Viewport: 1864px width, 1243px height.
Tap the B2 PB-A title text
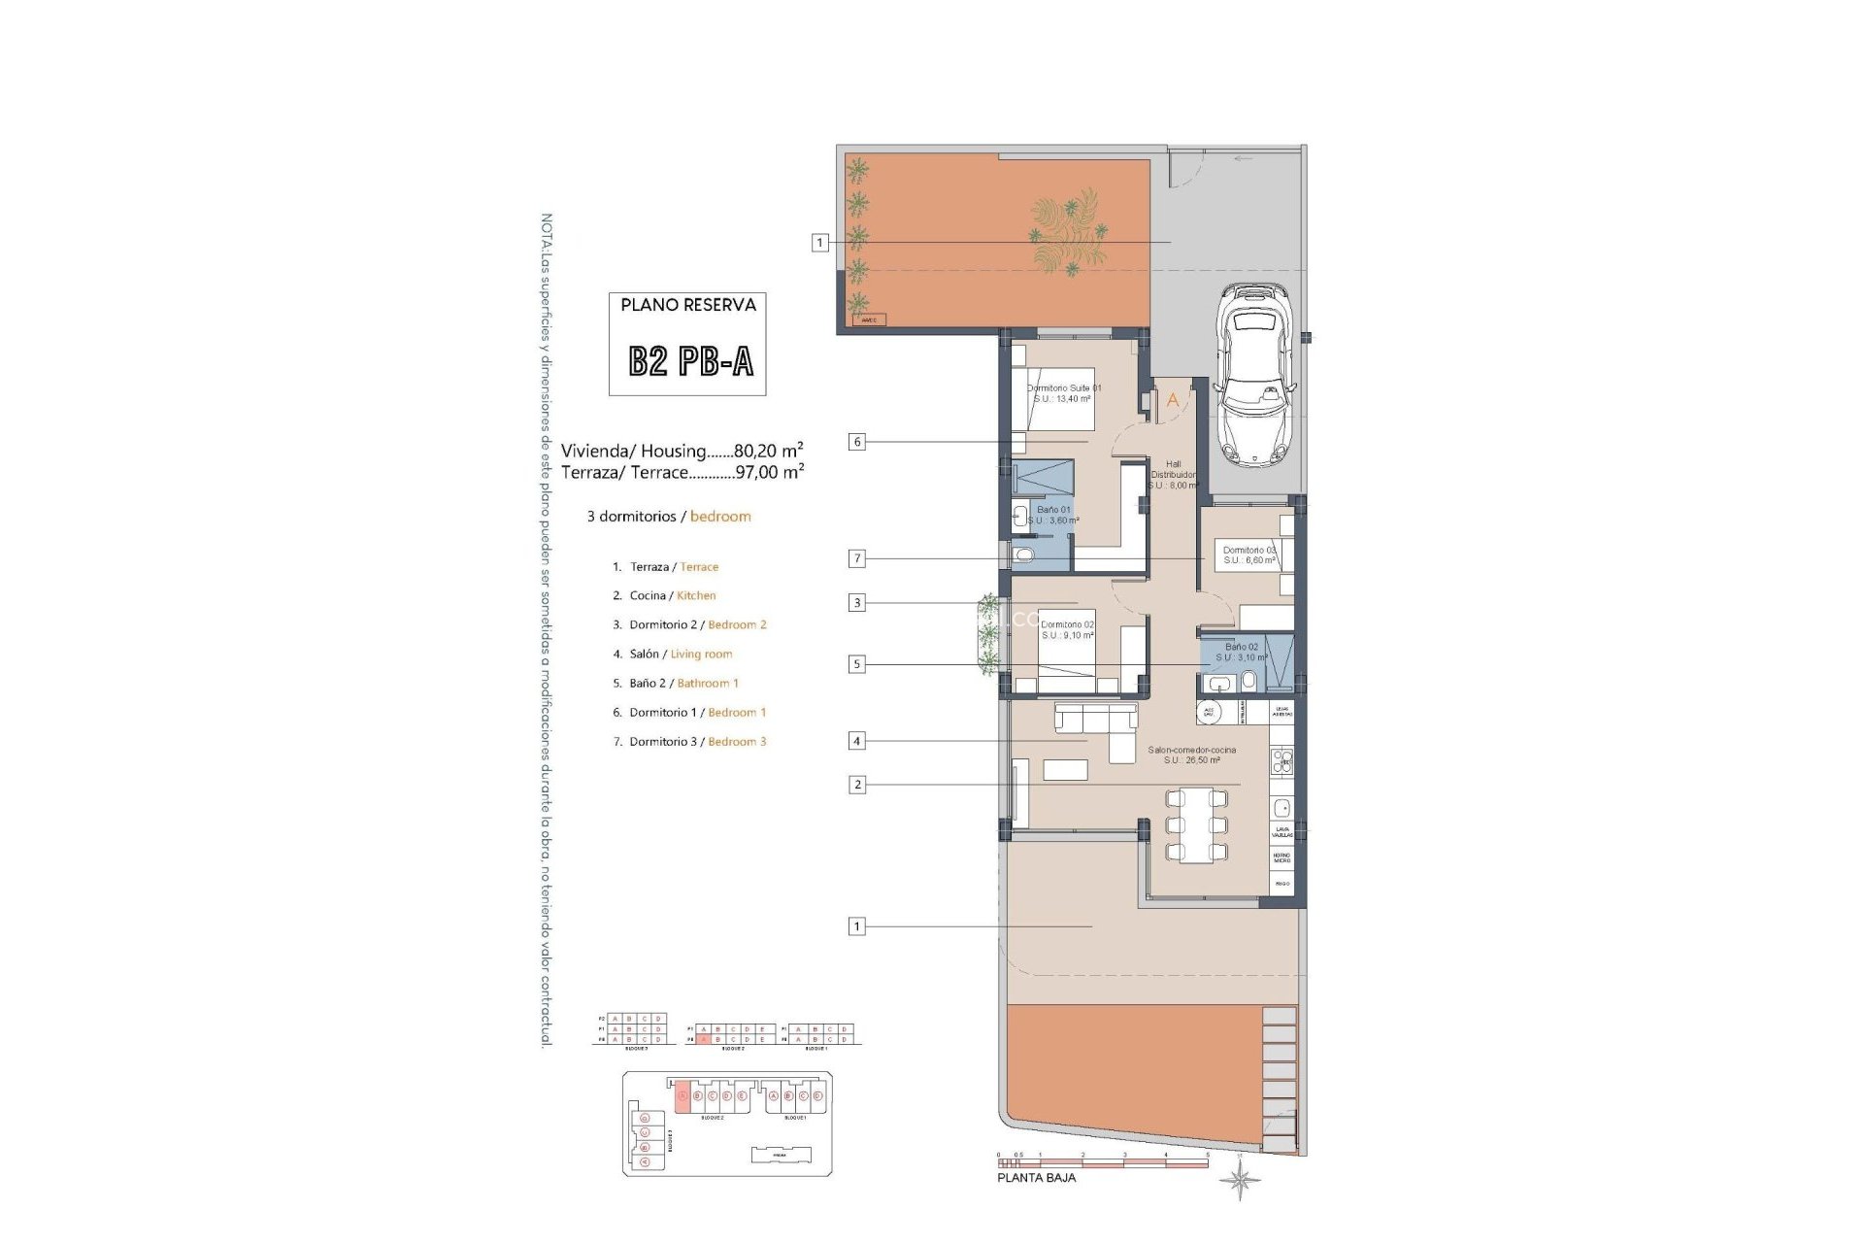[690, 361]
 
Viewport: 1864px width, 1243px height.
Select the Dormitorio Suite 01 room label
[1064, 393]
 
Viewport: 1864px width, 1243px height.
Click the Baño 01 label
[1053, 515]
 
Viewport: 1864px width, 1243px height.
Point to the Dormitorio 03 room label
[1249, 554]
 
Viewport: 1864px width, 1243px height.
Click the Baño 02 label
[1242, 652]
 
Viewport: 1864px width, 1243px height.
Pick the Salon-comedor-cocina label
[1191, 755]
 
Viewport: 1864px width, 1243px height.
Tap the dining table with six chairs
[1196, 825]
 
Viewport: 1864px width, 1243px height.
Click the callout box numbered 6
[856, 442]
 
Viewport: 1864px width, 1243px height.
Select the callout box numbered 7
[856, 558]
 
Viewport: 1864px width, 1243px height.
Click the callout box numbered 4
[856, 741]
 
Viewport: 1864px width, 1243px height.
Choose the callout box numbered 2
[856, 785]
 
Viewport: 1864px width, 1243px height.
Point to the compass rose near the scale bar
[1241, 1181]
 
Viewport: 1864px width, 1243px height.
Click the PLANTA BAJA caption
[1036, 1178]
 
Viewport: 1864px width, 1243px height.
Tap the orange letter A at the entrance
[1172, 400]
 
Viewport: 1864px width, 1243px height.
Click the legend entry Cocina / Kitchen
[672, 595]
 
